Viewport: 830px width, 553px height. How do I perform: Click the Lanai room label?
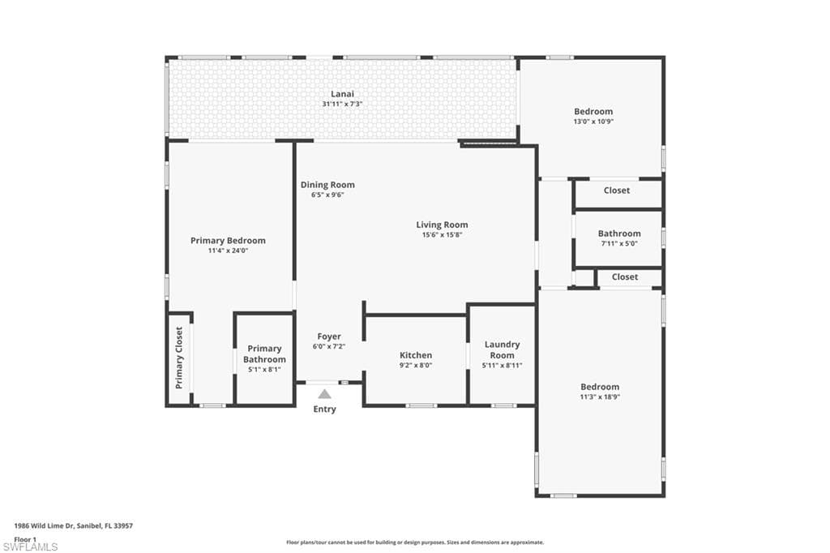click(342, 94)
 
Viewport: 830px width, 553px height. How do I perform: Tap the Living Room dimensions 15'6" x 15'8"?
click(442, 235)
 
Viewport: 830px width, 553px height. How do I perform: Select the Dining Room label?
click(327, 185)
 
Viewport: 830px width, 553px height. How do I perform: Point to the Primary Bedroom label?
click(228, 241)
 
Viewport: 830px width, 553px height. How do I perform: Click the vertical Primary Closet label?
click(180, 358)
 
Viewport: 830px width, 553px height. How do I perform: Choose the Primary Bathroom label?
click(264, 354)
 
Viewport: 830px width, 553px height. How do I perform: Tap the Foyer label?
click(329, 337)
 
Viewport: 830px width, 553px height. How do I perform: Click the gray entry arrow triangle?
click(324, 394)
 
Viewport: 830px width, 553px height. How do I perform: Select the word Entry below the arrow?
click(324, 409)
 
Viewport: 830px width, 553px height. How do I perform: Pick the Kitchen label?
click(416, 355)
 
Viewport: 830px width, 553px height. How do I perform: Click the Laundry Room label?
click(502, 349)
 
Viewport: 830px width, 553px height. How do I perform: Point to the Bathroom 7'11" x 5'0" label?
click(619, 234)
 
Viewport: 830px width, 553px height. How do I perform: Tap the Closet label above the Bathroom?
click(617, 191)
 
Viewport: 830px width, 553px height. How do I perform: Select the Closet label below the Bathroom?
click(625, 276)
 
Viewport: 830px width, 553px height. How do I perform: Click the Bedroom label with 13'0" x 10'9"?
click(593, 112)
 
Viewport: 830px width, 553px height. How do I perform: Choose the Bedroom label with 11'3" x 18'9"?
click(600, 387)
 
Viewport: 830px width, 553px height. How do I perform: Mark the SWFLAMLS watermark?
click(30, 547)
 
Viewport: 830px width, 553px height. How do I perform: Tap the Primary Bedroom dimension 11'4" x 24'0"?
click(228, 251)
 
